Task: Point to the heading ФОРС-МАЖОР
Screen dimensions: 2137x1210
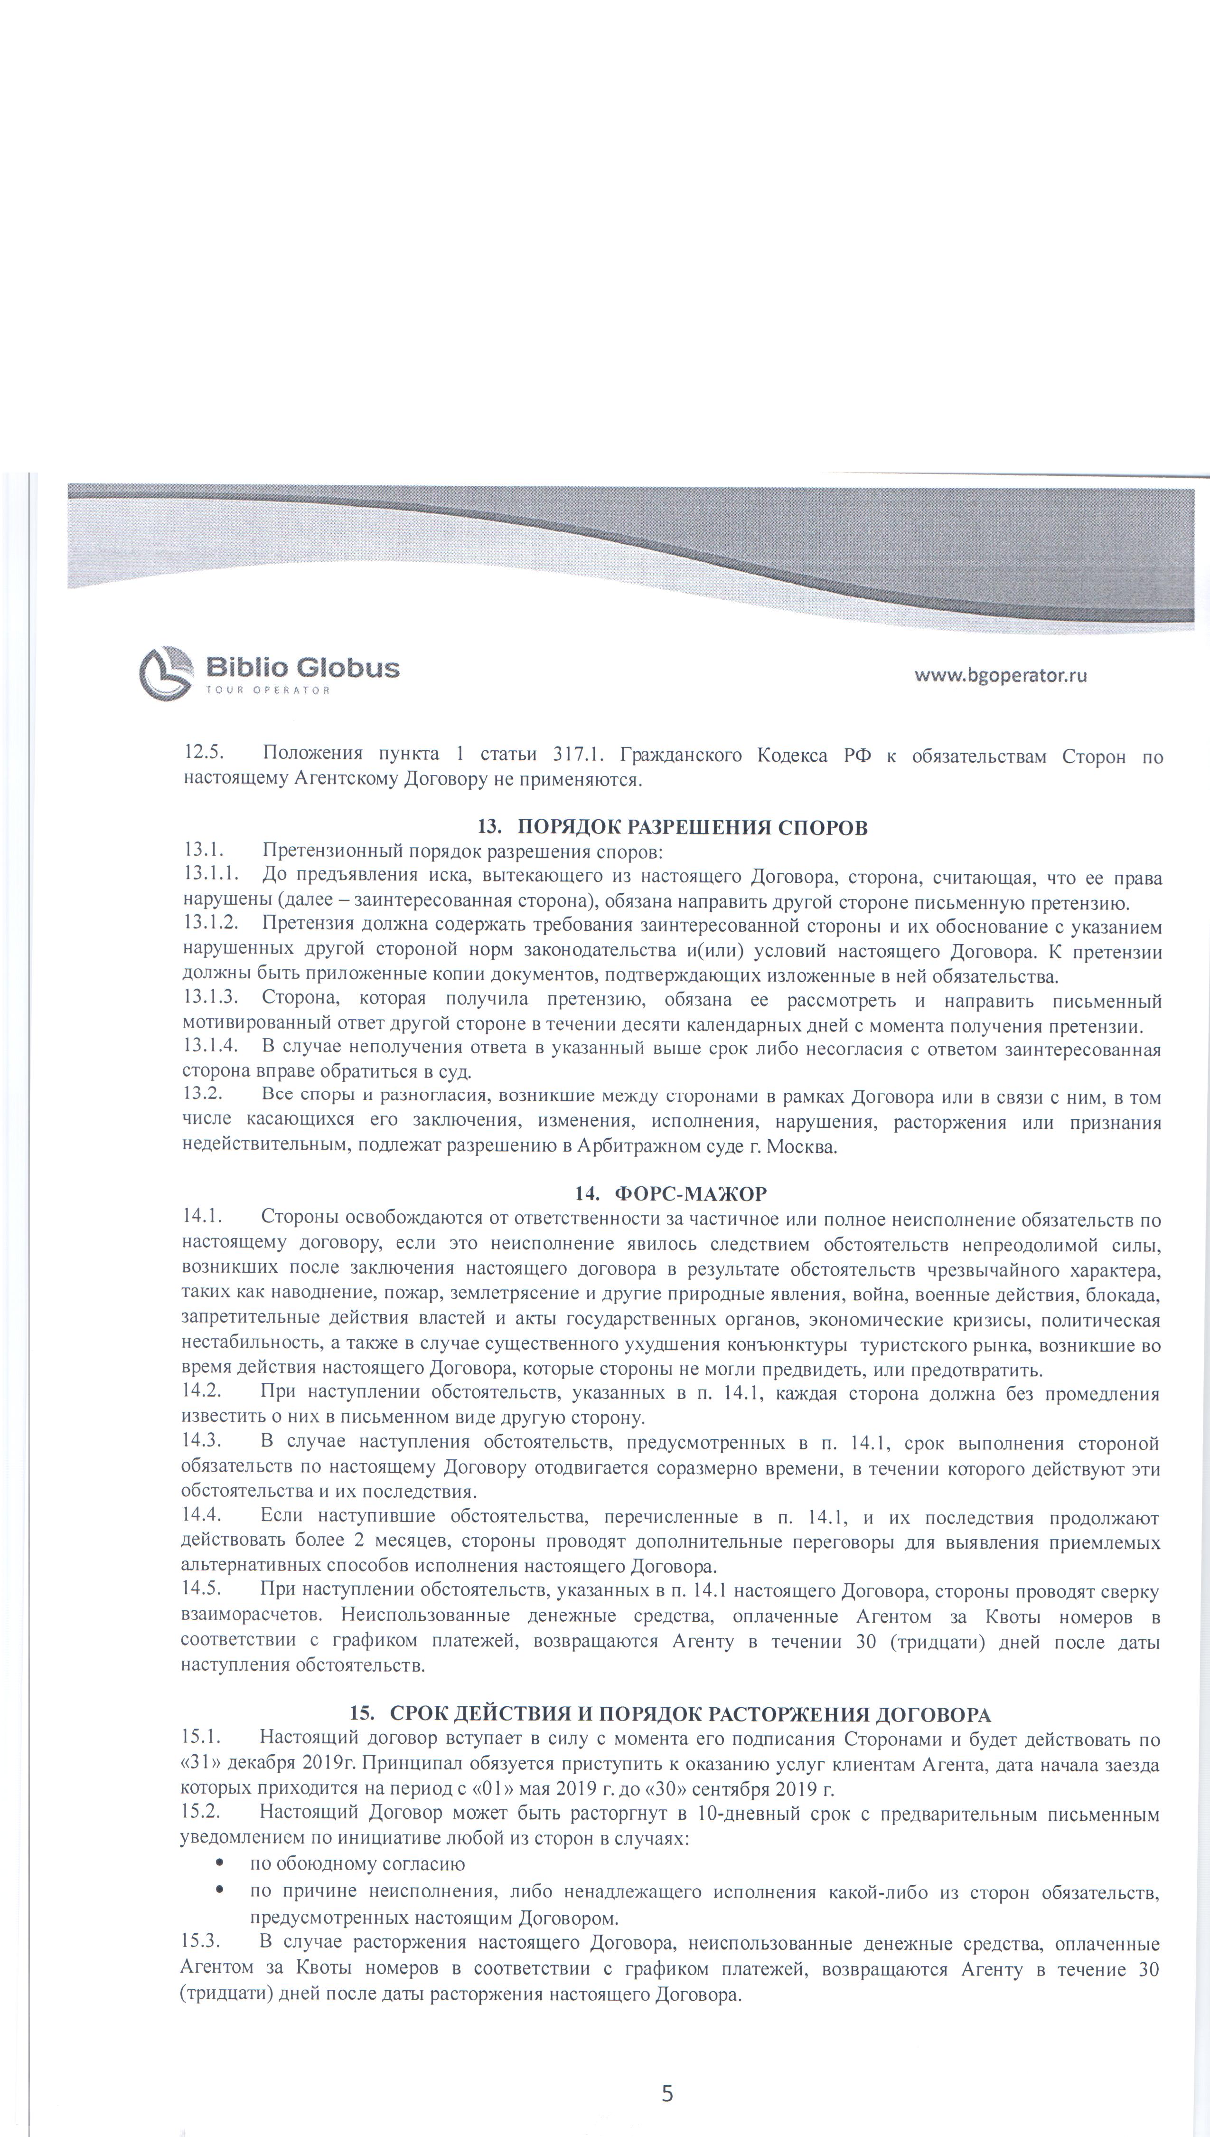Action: point(690,1193)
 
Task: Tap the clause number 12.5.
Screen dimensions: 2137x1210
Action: point(204,754)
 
